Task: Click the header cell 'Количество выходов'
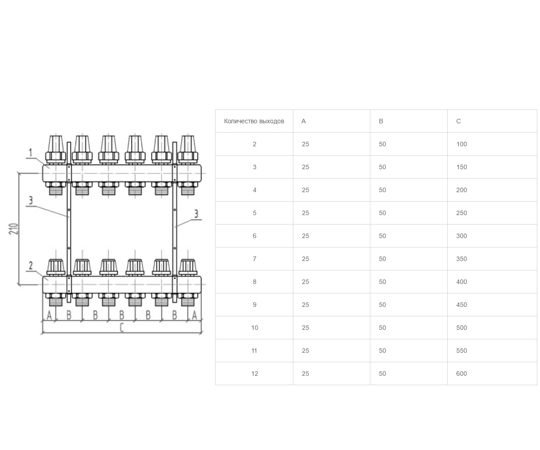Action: coord(254,121)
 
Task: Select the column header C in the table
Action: coord(458,121)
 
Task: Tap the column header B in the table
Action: coord(381,121)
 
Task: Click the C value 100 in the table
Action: coord(461,144)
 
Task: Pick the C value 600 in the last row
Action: coord(461,373)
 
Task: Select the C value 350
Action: coord(461,259)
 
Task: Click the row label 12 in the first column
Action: coord(255,373)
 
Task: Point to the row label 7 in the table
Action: coord(255,259)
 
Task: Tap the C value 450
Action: coord(461,305)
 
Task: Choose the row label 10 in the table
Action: coord(255,328)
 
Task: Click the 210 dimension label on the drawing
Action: coord(13,229)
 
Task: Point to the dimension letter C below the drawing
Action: coord(121,328)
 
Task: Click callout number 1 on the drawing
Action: coord(31,153)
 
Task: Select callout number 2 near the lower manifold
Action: coord(31,265)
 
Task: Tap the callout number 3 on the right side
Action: coord(196,214)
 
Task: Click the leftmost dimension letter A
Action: coord(49,315)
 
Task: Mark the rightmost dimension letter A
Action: coord(194,315)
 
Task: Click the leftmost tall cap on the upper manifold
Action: coord(56,144)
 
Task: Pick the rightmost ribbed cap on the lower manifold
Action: coord(188,266)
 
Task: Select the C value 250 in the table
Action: coord(461,213)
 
